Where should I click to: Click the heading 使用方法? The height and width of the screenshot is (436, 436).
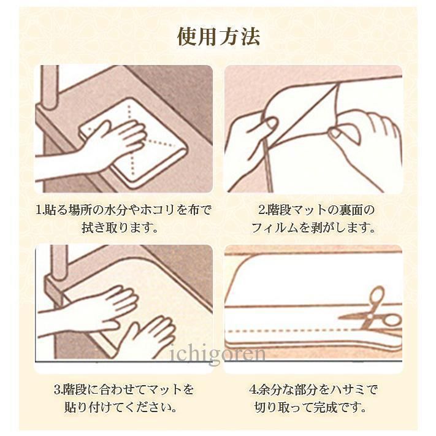pos(218,36)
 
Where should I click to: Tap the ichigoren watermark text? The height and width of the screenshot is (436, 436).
pos(218,354)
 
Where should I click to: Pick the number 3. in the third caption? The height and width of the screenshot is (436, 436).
pos(58,389)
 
